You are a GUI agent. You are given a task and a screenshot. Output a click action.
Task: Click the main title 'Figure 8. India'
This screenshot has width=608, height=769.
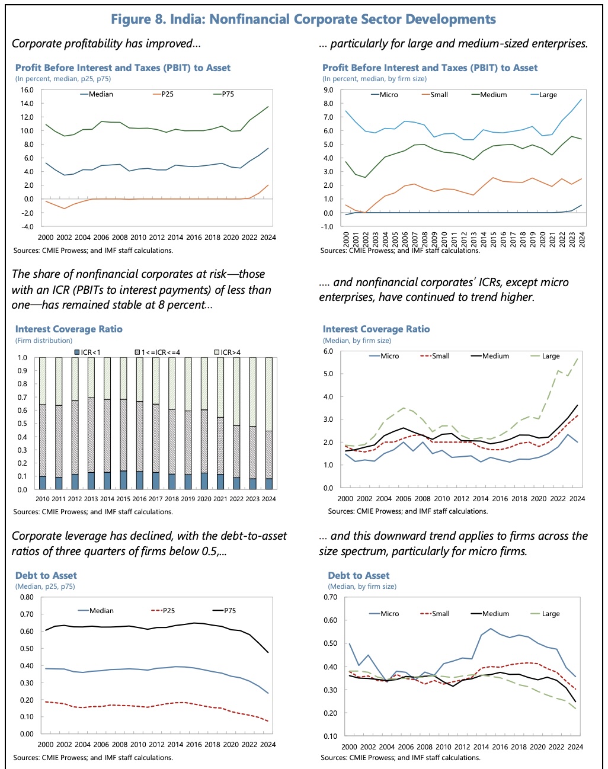point(303,19)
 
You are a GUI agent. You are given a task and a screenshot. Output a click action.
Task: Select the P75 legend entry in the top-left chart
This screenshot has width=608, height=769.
point(228,94)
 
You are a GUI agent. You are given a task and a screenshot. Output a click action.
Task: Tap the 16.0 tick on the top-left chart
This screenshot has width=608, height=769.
point(27,90)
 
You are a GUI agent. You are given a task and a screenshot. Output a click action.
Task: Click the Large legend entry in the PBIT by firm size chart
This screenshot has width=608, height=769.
point(548,95)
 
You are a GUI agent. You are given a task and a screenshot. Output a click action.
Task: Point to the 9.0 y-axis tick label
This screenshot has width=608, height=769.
point(328,90)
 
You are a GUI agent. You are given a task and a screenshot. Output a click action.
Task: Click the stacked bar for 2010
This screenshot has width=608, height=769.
point(43,424)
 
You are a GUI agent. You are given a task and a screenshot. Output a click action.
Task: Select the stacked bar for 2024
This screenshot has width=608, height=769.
point(269,424)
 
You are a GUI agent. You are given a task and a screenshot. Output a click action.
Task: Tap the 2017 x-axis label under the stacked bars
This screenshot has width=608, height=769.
point(156,499)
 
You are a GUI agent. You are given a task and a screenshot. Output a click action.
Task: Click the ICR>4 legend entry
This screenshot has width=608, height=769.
point(231,353)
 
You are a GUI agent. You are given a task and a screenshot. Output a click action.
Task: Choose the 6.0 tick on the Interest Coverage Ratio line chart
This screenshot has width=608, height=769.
point(328,351)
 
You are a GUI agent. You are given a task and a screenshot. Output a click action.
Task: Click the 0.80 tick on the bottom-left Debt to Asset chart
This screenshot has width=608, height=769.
point(27,597)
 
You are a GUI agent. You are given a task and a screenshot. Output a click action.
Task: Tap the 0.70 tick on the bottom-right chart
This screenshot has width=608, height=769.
point(330,597)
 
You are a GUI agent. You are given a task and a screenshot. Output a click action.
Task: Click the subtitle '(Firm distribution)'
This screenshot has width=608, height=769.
point(44,341)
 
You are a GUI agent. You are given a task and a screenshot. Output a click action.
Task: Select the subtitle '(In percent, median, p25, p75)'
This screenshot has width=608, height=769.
point(63,79)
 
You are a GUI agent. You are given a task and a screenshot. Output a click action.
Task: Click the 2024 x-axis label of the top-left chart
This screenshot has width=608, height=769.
point(268,238)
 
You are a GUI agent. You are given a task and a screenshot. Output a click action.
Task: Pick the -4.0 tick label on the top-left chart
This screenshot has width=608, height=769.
point(27,226)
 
